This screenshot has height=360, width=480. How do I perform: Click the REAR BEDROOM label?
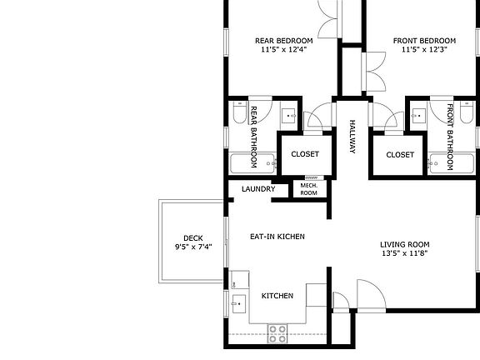point(283,41)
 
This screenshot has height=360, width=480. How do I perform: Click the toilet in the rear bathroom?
point(239,116)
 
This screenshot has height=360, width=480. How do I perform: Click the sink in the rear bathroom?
point(288,116)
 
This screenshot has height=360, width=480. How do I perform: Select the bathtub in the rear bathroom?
point(252,162)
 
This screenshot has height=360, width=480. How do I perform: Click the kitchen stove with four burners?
point(277,333)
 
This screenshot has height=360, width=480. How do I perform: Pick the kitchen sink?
point(238,304)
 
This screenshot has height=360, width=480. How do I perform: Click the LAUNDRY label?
point(258,189)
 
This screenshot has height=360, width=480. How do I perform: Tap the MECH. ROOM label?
point(308,189)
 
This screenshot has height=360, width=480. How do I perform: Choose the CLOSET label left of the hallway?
point(305,154)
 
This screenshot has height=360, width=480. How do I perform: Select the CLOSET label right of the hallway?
point(400,154)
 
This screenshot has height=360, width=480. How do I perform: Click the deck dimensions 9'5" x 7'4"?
point(193,247)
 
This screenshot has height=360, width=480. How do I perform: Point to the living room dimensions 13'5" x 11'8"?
point(411,253)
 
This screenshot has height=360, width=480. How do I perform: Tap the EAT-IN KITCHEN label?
point(277,237)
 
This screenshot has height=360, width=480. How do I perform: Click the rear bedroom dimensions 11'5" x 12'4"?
point(283,50)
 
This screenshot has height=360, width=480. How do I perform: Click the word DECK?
point(193,237)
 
